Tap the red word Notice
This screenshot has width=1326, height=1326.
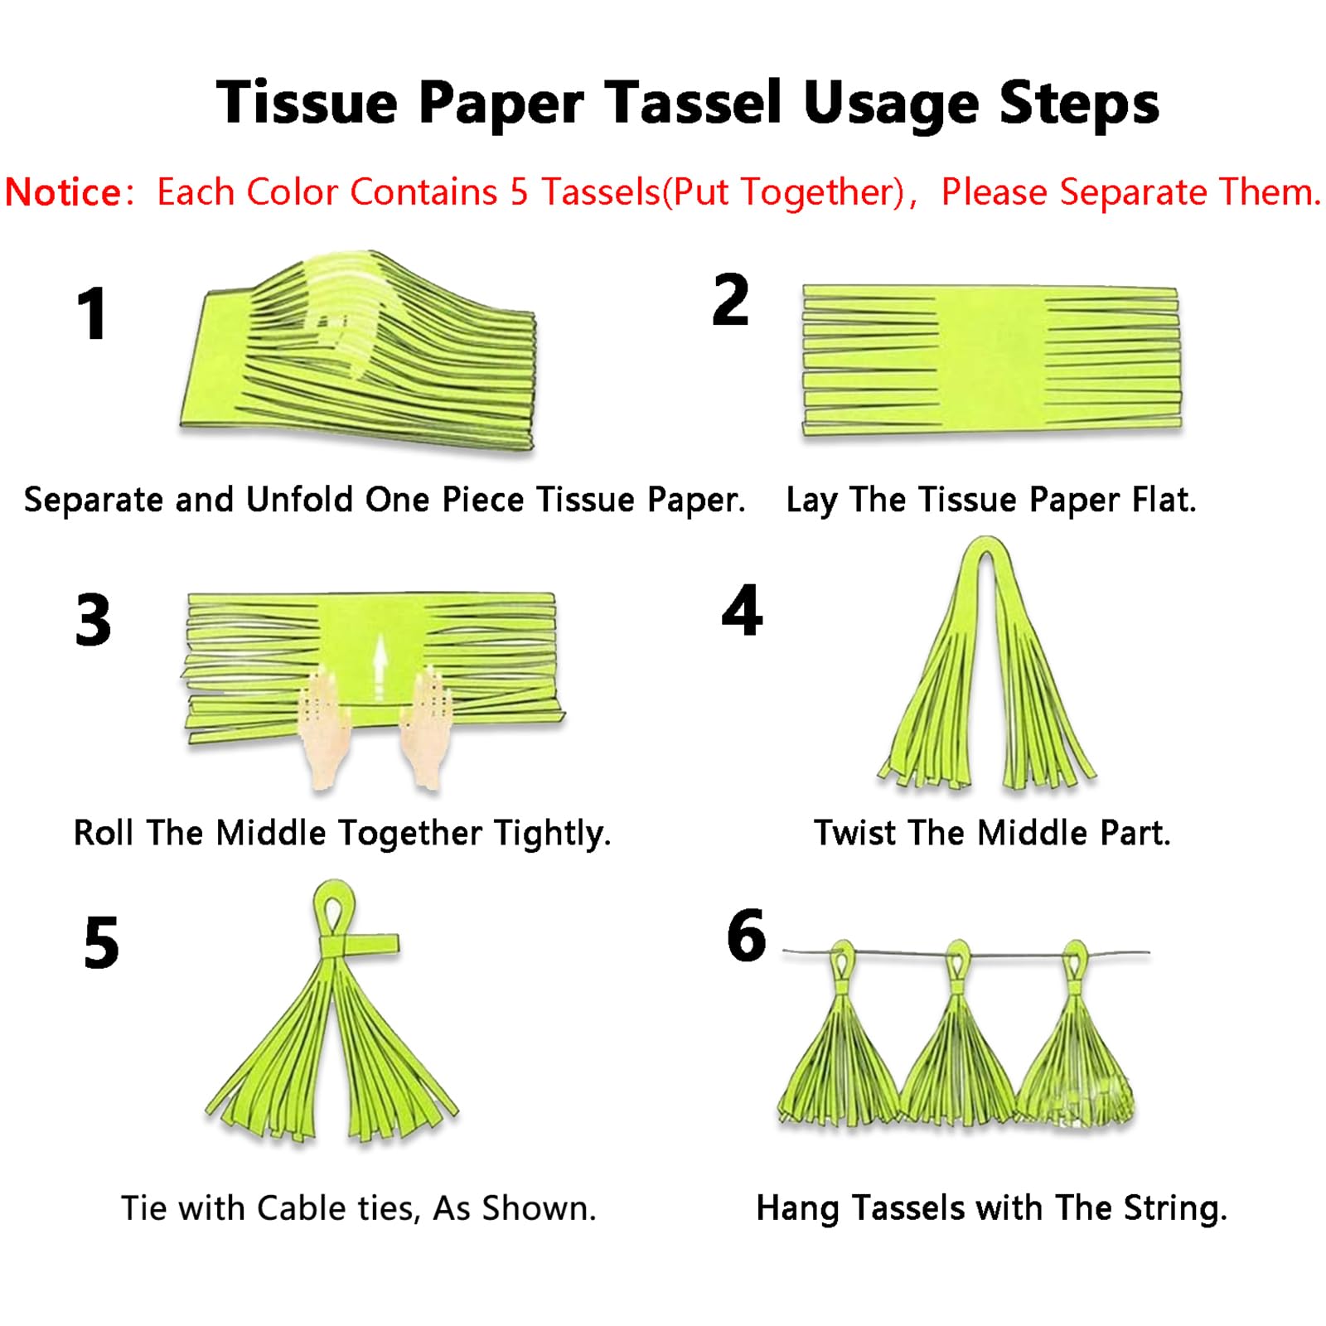tap(63, 192)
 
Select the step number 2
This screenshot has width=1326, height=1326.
tap(730, 299)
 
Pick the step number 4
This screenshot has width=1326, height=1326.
tap(742, 610)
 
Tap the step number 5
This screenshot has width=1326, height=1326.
tap(101, 942)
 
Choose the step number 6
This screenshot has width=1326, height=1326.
tap(747, 935)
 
